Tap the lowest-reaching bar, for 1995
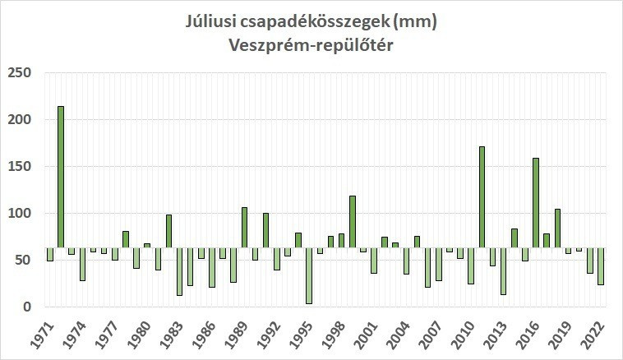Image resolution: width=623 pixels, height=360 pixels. tap(309, 275)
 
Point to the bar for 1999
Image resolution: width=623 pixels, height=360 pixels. tap(353, 221)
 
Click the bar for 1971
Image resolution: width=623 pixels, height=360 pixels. tap(50, 254)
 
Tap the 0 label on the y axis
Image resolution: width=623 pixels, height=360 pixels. tap(26, 307)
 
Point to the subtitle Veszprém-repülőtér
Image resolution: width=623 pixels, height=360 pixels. tap(311, 45)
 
